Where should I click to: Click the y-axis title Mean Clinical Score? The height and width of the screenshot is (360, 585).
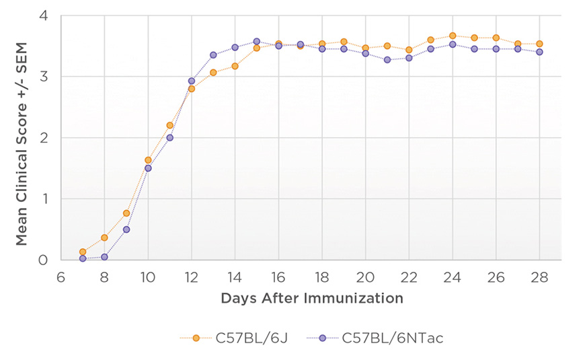pyautogui.click(x=22, y=138)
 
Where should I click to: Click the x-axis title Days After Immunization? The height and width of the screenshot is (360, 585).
pyautogui.click(x=311, y=297)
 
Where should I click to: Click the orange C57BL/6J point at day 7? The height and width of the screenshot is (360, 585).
pyautogui.click(x=83, y=252)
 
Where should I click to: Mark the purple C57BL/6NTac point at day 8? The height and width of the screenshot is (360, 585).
pyautogui.click(x=104, y=256)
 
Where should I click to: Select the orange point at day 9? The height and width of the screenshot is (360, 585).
pyautogui.click(x=126, y=213)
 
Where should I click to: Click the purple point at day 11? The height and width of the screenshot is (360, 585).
pyautogui.click(x=169, y=137)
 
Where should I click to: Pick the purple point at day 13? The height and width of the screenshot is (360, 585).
pyautogui.click(x=213, y=55)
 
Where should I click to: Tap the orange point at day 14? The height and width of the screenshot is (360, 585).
pyautogui.click(x=235, y=66)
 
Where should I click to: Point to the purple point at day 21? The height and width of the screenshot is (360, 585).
pyautogui.click(x=387, y=60)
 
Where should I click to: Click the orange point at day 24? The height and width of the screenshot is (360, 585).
pyautogui.click(x=453, y=36)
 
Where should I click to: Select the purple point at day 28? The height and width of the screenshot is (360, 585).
pyautogui.click(x=539, y=52)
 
